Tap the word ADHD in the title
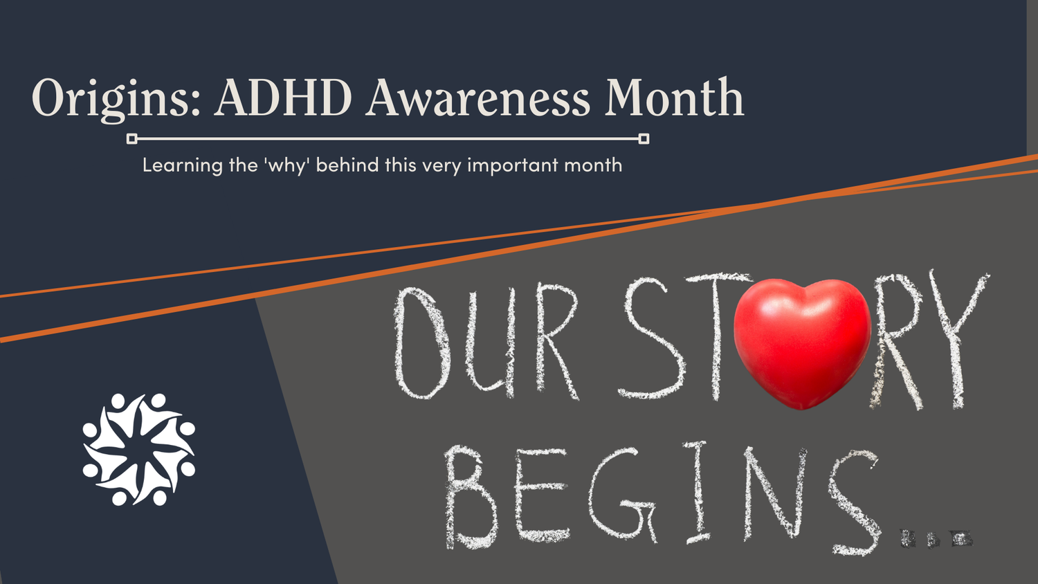(283, 98)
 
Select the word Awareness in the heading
(478, 98)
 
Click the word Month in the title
(674, 98)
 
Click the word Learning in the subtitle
(182, 165)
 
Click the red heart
(801, 340)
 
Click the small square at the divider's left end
(132, 139)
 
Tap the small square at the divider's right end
(644, 139)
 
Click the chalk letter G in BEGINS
(623, 495)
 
